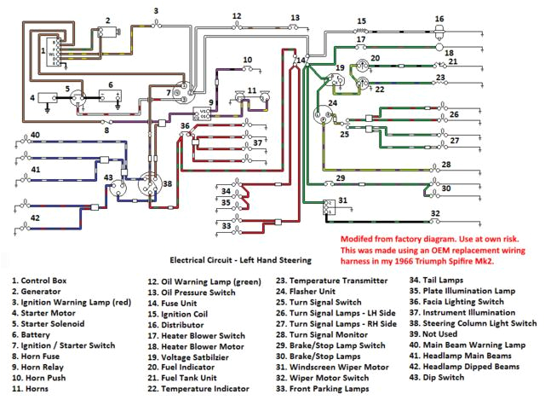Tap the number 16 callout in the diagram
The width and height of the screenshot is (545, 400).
click(439, 19)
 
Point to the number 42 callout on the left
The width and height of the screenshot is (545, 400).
click(35, 219)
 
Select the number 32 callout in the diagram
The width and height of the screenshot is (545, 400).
click(435, 213)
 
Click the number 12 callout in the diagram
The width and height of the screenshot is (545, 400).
click(237, 15)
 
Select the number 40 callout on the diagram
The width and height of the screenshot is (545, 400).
click(35, 136)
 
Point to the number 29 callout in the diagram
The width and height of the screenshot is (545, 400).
click(340, 177)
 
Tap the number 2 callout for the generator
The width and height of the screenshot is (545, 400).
click(108, 19)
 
